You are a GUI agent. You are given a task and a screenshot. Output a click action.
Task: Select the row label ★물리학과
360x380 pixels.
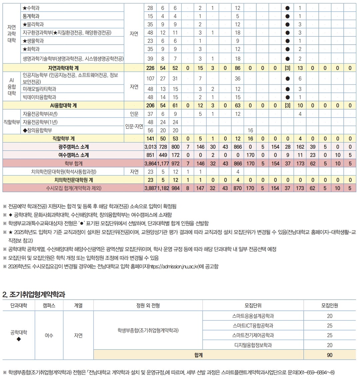pos(33,24)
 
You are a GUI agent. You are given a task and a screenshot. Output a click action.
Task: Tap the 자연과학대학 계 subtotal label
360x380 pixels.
pos(63,68)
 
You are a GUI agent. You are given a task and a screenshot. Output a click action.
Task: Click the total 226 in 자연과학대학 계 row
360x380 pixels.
pos(150,68)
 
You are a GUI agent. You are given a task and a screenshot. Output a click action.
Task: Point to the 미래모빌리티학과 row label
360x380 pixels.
pos(39,89)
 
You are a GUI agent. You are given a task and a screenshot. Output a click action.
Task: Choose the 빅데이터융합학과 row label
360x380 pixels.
pos(39,97)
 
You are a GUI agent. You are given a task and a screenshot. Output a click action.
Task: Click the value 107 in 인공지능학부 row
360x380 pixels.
pos(150,79)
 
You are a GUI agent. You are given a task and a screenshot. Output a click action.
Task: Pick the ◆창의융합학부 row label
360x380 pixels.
pos(37,130)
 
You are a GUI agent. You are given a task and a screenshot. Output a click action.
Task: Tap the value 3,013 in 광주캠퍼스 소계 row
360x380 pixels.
pos(150,147)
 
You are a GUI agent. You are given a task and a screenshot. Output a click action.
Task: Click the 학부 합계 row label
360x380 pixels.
pos(74,164)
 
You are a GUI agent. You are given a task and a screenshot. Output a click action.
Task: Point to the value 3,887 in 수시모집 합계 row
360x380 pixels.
pos(150,188)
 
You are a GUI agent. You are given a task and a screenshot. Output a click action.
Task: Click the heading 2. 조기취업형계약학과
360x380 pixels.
pos(34,294)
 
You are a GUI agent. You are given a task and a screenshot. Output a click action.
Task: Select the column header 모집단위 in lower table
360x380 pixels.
pos(253,305)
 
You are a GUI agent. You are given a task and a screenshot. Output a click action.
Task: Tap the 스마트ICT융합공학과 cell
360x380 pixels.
pos(253,325)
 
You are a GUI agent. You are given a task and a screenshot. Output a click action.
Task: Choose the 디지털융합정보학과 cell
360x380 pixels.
pos(253,345)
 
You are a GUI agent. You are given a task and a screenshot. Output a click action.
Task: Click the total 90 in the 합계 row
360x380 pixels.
pos(330,355)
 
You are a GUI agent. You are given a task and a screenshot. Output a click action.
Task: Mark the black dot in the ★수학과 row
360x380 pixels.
pos(287,8)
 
